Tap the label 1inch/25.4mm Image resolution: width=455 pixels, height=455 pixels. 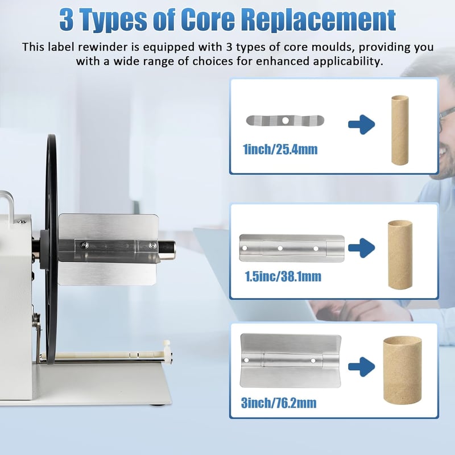280,149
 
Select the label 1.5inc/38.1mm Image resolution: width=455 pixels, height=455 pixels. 283,276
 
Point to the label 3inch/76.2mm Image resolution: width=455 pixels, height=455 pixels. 279,403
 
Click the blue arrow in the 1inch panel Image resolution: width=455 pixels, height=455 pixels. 362,125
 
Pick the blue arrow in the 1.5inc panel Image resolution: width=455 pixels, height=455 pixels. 362,248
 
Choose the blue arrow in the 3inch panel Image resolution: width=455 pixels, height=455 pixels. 362,367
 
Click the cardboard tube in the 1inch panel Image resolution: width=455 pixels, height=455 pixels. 400,130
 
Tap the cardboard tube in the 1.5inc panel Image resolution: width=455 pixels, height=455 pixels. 400,255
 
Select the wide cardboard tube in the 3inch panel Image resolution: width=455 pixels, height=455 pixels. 403,370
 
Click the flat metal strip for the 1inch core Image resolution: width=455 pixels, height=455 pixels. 285,121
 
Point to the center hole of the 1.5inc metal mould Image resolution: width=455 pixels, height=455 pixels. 280,249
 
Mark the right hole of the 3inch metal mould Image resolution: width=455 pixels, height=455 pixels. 313,361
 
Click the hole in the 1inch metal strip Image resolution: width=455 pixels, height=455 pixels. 286,121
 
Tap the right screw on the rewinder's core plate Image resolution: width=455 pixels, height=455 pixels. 151,246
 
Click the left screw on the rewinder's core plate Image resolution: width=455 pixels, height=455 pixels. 84,245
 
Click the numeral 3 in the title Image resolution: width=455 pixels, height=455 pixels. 66,20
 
